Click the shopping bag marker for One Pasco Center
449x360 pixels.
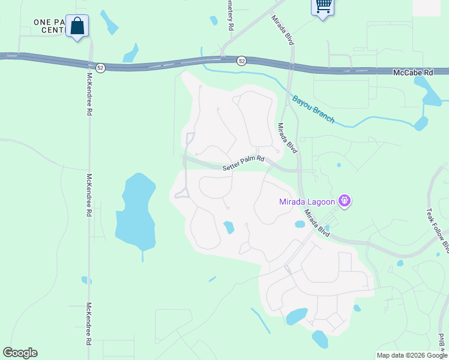click(77, 26)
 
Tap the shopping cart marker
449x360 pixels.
click(323, 6)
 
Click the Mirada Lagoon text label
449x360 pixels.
click(307, 202)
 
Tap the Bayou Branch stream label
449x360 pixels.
click(313, 109)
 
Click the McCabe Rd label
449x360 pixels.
click(413, 72)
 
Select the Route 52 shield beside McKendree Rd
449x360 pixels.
click(100, 68)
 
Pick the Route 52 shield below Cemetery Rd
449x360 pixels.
click(241, 61)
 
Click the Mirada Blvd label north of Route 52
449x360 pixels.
click(282, 29)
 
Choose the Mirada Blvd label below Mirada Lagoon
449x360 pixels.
click(316, 222)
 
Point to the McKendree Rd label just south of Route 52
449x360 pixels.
click(89, 95)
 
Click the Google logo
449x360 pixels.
click(20, 353)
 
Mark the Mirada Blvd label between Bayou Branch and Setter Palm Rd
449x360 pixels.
click(287, 139)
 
